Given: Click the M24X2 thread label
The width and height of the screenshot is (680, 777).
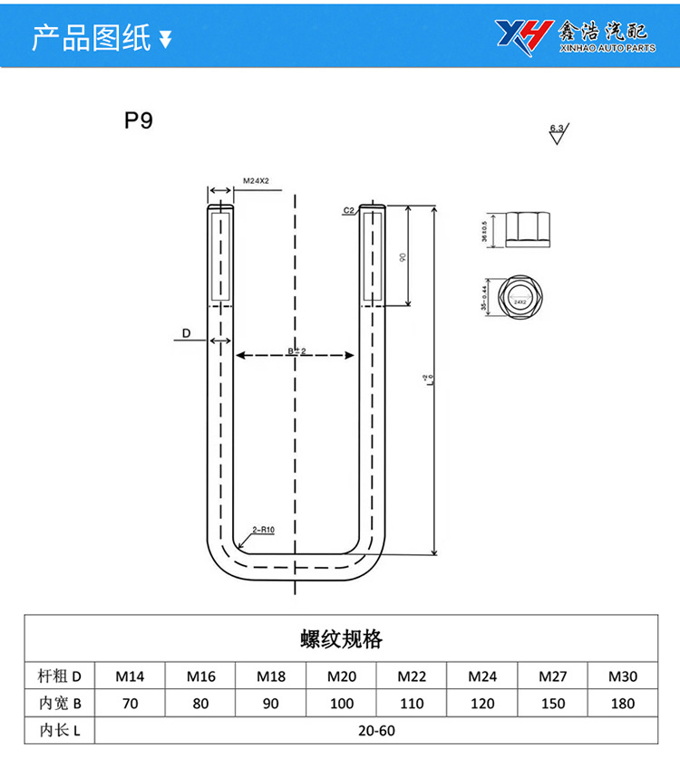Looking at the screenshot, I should (x=257, y=181).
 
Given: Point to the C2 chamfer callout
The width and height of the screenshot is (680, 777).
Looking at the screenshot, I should (x=348, y=211).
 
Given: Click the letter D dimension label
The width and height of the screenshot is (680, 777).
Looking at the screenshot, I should (x=185, y=334).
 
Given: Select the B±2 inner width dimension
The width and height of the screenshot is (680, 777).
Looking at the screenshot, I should (x=296, y=350).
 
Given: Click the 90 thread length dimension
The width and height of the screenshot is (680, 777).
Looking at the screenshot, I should (x=402, y=257).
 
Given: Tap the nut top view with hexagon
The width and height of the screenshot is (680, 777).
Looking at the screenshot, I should (x=519, y=296).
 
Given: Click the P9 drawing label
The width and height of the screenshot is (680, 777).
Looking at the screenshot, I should (x=139, y=120).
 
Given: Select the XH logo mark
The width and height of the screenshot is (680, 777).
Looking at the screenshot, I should (x=523, y=35).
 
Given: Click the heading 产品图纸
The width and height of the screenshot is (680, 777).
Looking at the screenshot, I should (x=91, y=38).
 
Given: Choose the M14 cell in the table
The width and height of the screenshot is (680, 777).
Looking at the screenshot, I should (x=130, y=676).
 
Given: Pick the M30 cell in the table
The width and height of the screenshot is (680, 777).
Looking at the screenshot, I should (x=622, y=676).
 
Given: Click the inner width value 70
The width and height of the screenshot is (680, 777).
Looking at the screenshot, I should (x=130, y=703).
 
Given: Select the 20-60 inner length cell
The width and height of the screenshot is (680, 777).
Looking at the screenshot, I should (x=376, y=730).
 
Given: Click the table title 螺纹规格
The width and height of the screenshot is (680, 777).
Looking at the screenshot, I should (x=341, y=639).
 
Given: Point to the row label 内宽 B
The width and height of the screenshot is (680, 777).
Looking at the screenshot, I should (x=60, y=703).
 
